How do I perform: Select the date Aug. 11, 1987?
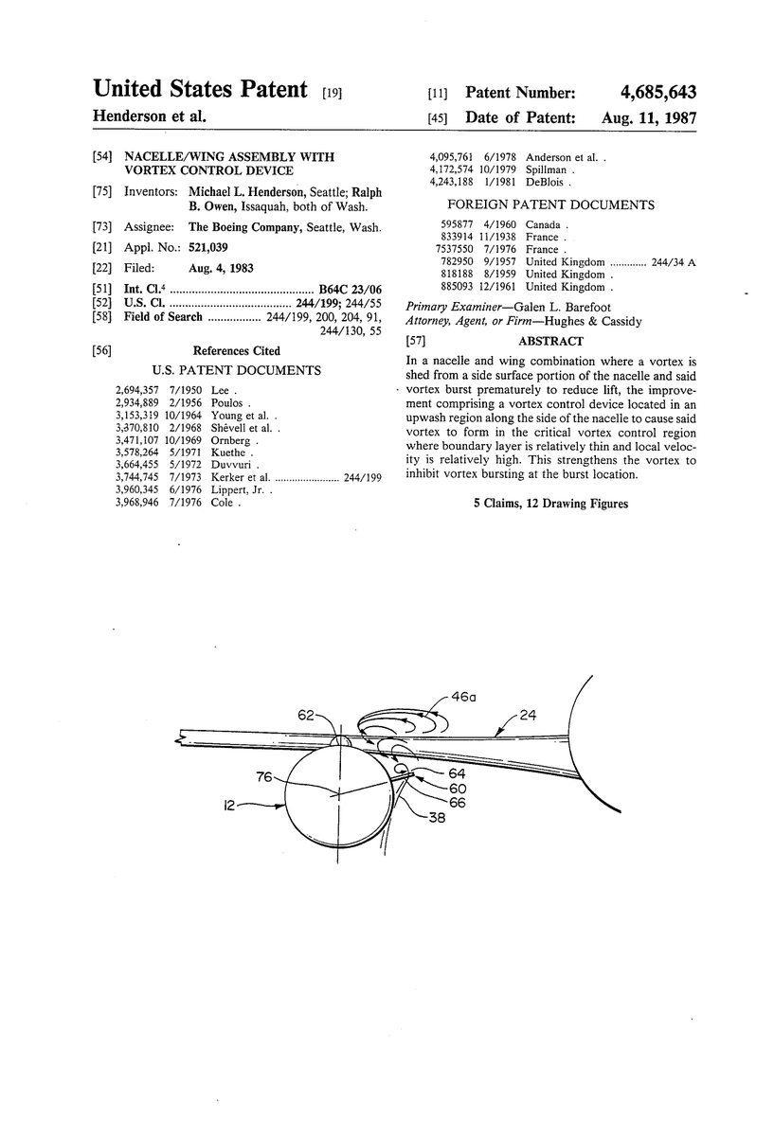pyautogui.click(x=649, y=118)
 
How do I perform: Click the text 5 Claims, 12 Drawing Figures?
pyautogui.click(x=550, y=504)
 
